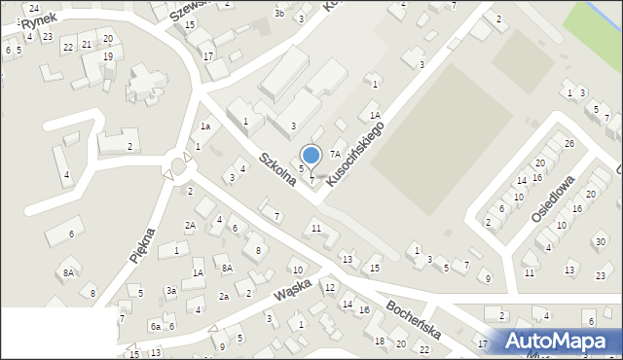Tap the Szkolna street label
(278, 167)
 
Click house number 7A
(334, 154)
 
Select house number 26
(569, 144)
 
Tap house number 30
(599, 241)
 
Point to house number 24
(33, 8)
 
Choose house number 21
(87, 44)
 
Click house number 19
(108, 56)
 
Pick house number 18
(380, 341)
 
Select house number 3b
(279, 14)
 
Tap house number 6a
(155, 327)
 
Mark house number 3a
(170, 290)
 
